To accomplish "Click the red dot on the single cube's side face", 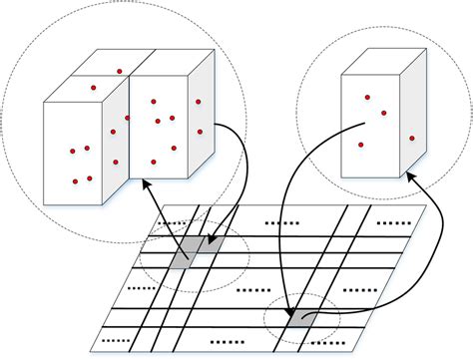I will click(x=411, y=139).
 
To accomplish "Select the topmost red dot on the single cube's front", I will click(x=367, y=97).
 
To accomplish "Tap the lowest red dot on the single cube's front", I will click(x=360, y=145).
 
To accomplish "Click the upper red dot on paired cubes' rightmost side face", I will click(x=199, y=102).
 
